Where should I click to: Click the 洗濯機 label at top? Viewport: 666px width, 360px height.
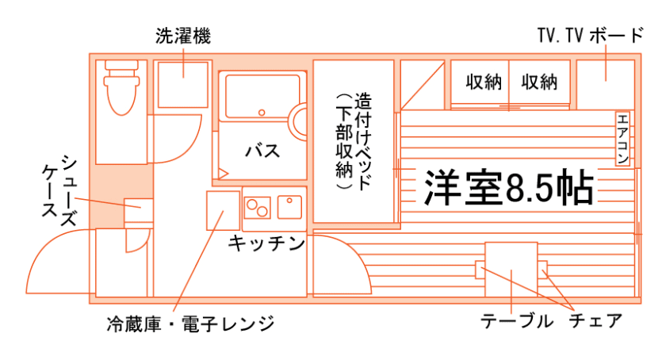(x=183, y=36)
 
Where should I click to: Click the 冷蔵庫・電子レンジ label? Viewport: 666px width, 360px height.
(x=190, y=324)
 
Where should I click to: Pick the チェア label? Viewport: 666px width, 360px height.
(x=595, y=321)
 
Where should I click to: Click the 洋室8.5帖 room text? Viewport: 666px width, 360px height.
(x=508, y=187)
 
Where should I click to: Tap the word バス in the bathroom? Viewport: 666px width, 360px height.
(x=262, y=150)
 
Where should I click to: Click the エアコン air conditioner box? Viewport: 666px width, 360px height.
(x=622, y=138)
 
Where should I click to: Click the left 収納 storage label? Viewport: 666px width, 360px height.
(x=484, y=82)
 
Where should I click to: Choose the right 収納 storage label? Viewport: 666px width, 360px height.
(x=540, y=82)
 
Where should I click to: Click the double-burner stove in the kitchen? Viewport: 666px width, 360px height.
(x=257, y=207)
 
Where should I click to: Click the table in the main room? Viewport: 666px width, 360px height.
(x=511, y=269)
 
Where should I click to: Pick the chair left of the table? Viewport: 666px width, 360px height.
(x=480, y=269)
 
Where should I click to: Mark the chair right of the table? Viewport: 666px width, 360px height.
(x=544, y=269)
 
